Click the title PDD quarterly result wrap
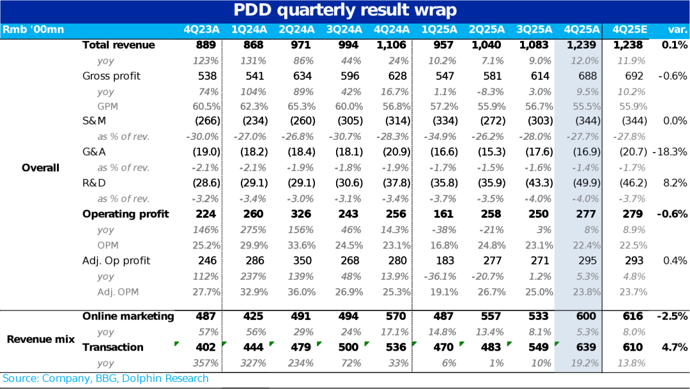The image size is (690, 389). click(344, 10)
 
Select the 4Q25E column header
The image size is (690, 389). click(629, 29)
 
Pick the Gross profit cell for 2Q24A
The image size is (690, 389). click(302, 76)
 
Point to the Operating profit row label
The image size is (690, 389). click(126, 214)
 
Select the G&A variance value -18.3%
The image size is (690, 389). click(670, 152)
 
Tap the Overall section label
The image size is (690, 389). click(40, 167)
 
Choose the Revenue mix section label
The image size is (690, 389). click(40, 339)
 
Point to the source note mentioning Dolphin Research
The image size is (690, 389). click(106, 378)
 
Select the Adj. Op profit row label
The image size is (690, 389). click(116, 261)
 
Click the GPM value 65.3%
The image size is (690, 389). click(302, 107)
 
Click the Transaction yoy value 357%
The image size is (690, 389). click(206, 363)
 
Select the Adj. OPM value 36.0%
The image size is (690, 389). click(302, 292)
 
